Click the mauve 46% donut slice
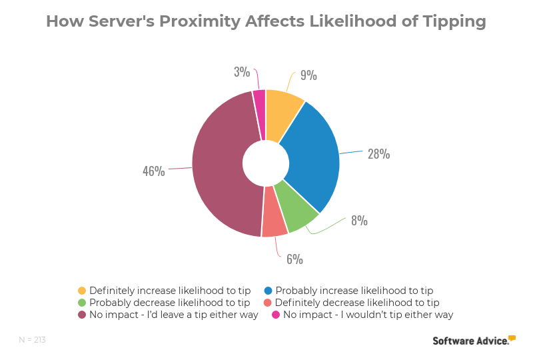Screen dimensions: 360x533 click(x=220, y=167)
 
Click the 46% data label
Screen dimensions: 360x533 click(x=153, y=171)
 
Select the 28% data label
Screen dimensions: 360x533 click(x=378, y=154)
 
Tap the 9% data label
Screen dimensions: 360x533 click(x=308, y=75)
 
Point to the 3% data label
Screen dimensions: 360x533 click(x=241, y=71)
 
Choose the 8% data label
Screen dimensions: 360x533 click(x=359, y=220)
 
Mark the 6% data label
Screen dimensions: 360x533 click(x=294, y=259)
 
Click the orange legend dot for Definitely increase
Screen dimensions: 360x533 click(x=82, y=291)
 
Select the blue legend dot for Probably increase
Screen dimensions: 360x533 click(x=268, y=291)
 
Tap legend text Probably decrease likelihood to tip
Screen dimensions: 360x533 click(x=170, y=303)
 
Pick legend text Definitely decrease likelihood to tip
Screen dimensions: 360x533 click(x=352, y=303)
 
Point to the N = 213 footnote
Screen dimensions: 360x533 click(x=32, y=340)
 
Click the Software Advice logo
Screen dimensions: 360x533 click(x=474, y=340)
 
